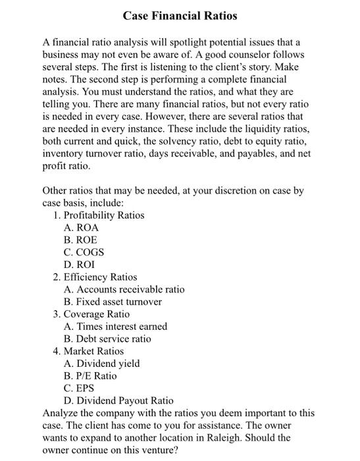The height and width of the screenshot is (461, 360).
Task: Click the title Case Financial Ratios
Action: pos(180,14)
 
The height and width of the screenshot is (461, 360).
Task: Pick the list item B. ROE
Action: pos(80,240)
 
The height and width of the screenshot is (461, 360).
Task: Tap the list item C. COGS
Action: pos(84,252)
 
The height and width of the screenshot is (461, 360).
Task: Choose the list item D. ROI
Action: pos(79,265)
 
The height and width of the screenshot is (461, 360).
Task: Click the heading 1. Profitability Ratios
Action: pos(98,215)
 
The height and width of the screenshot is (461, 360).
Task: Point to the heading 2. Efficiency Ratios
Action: pos(95,277)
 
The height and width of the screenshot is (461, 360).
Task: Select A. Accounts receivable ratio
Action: pos(124,289)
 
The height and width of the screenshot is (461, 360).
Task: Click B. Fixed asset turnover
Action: pos(113,302)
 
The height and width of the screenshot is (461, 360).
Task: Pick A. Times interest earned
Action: pos(115,326)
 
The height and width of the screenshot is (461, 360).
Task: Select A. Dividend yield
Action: pos(102,364)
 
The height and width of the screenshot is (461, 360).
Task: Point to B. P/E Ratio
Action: pos(90,375)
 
